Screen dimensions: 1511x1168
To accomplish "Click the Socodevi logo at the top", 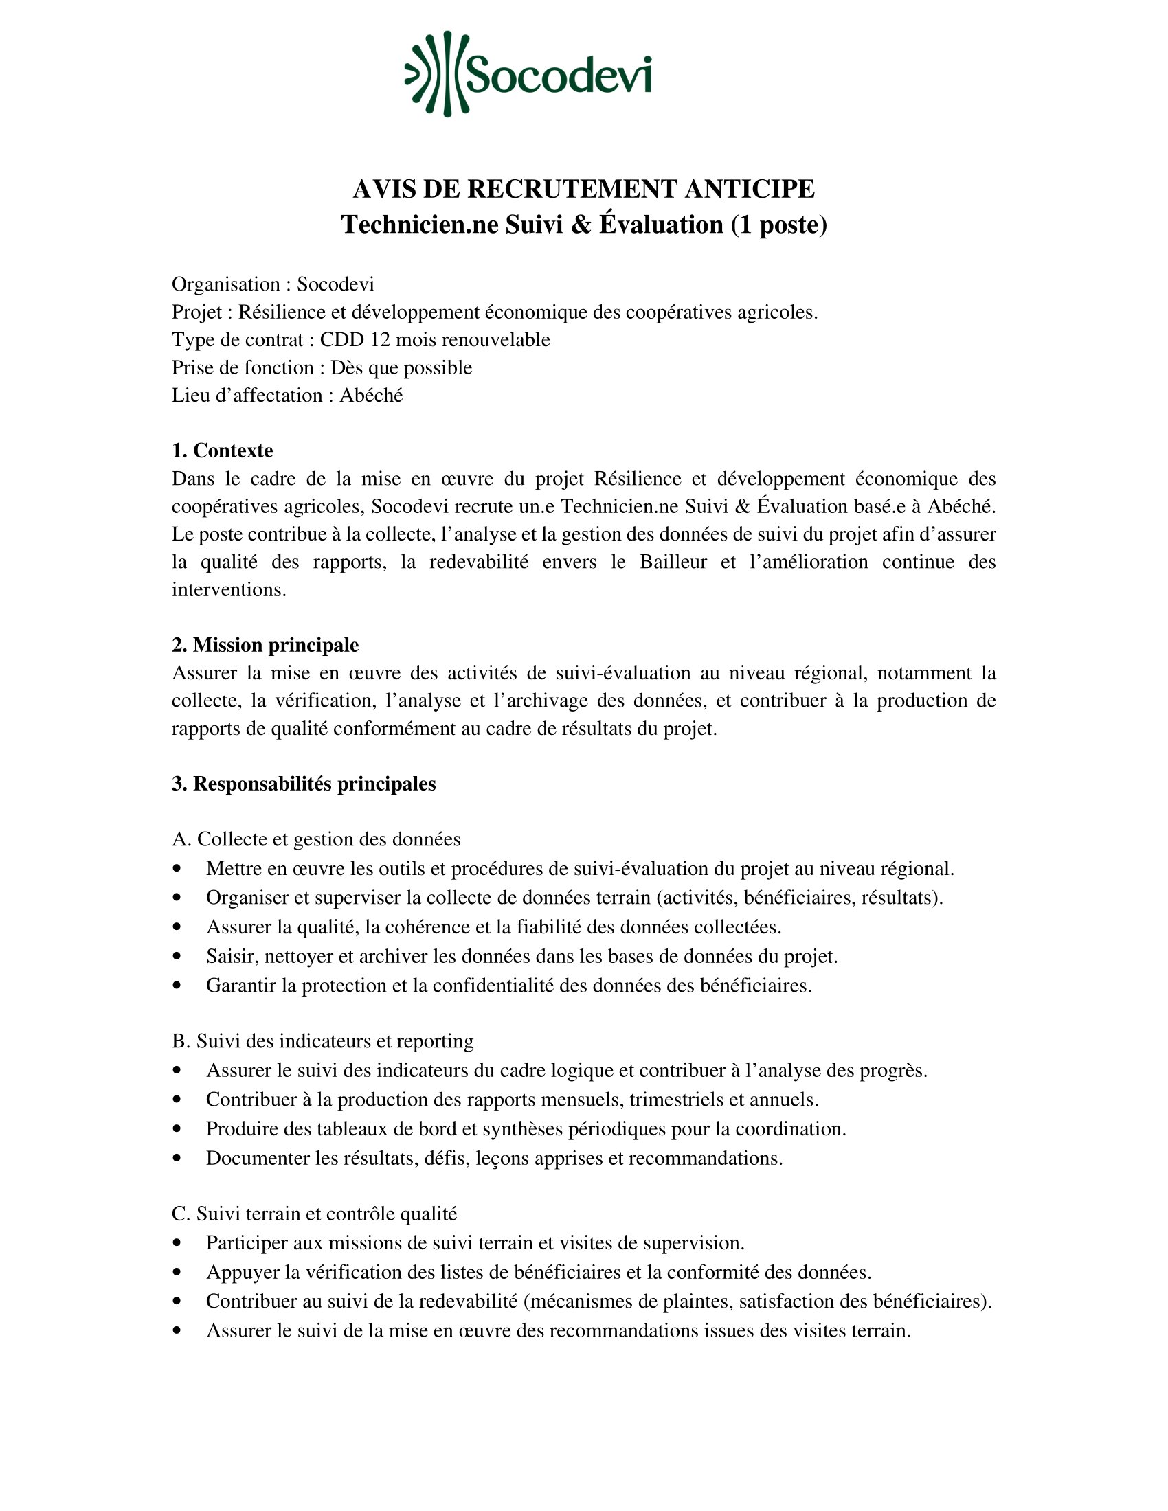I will [x=528, y=74].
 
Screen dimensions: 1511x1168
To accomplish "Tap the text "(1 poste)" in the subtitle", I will [x=779, y=225].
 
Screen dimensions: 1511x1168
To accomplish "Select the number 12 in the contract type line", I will [x=380, y=340].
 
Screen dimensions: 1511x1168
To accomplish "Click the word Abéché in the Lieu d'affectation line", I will [x=371, y=395].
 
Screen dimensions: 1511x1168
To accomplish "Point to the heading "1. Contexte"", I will [x=222, y=451].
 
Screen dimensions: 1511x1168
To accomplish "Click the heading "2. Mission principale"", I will [x=265, y=645].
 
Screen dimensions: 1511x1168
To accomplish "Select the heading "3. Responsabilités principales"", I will [x=304, y=784].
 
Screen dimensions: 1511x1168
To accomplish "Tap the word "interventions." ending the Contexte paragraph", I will [x=229, y=589].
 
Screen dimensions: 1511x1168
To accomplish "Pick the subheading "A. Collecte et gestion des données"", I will [x=316, y=839].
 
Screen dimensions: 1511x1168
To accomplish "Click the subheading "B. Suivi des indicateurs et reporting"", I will [x=322, y=1041].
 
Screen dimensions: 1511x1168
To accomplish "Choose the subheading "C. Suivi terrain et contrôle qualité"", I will [x=314, y=1214].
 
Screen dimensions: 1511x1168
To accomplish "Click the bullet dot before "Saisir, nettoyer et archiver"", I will [x=178, y=956].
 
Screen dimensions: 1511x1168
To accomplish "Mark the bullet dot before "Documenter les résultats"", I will [x=178, y=1158].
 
